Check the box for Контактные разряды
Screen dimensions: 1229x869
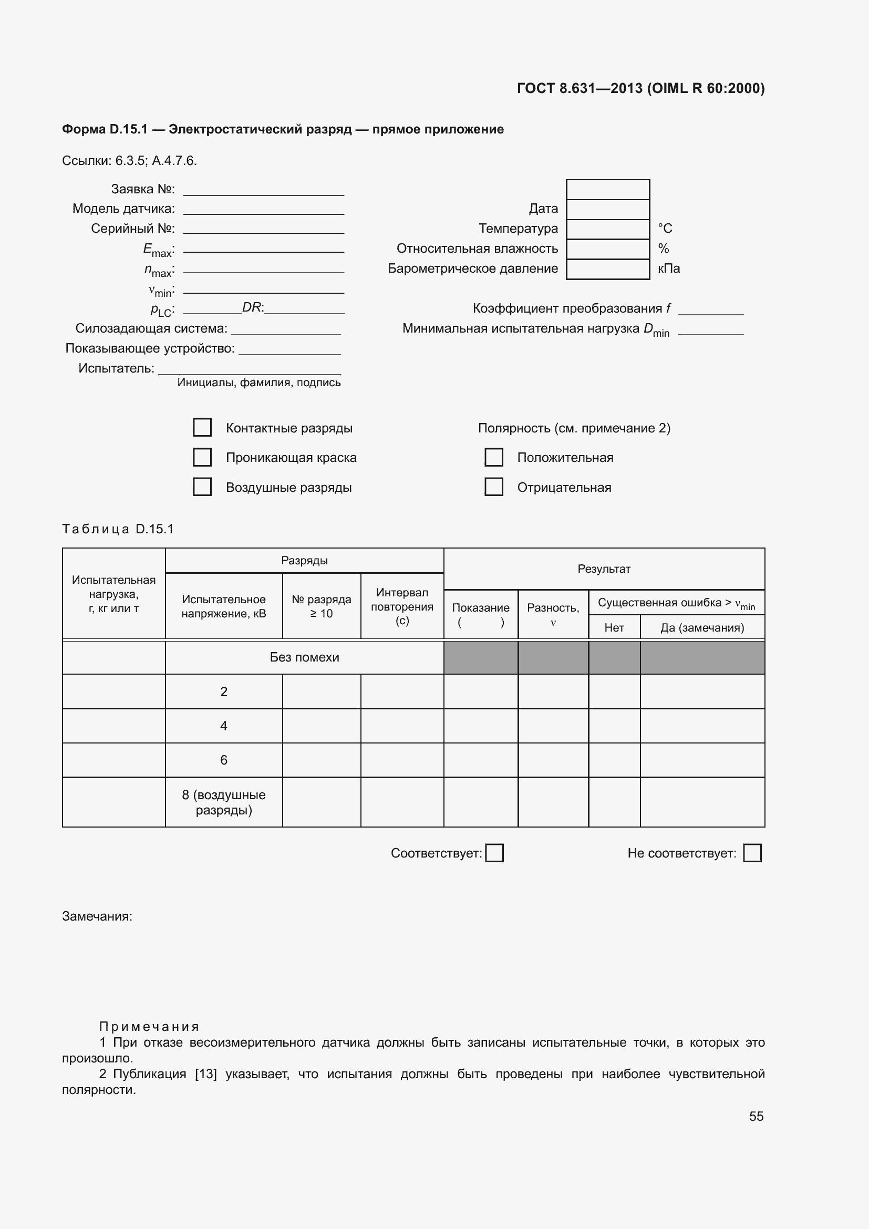[x=202, y=427]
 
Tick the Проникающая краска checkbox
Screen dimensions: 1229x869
[x=202, y=457]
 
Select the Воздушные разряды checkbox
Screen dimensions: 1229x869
[x=202, y=487]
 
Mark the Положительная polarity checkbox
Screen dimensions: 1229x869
[x=493, y=457]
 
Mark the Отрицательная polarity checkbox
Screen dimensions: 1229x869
[x=493, y=487]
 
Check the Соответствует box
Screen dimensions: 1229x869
[x=494, y=853]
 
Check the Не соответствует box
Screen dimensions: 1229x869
[x=752, y=853]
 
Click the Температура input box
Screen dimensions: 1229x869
[x=607, y=229]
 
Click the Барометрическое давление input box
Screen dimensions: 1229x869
[x=607, y=269]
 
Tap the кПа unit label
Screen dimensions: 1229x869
[x=668, y=268]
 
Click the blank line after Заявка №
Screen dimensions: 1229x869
[x=263, y=190]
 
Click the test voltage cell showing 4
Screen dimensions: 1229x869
[x=224, y=726]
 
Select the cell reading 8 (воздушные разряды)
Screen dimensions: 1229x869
[x=224, y=802]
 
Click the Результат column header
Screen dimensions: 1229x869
[x=604, y=569]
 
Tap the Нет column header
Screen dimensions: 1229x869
[x=614, y=628]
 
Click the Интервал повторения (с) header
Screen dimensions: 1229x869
[x=402, y=606]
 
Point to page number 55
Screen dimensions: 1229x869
[x=756, y=1116]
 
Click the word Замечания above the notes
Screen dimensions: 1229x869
[x=97, y=916]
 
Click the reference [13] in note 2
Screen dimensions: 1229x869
[x=205, y=1075]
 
